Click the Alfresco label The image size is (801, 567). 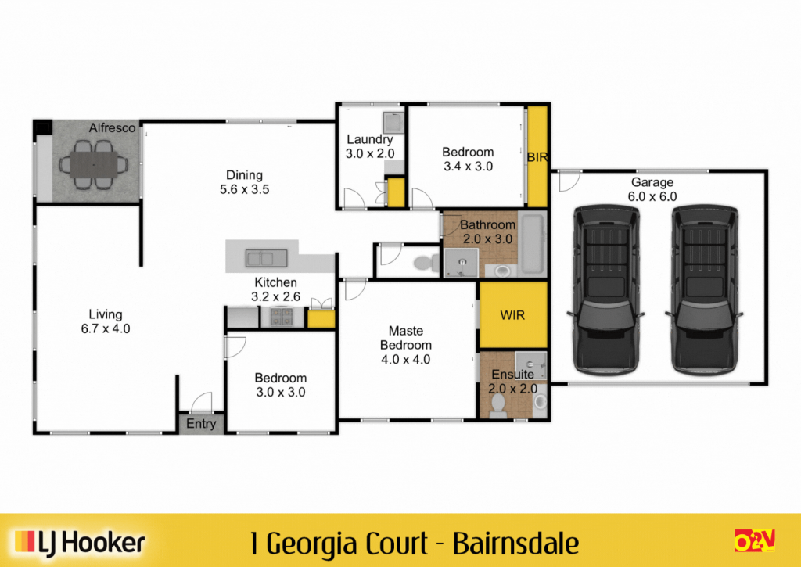click(112, 127)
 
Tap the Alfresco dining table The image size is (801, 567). click(94, 164)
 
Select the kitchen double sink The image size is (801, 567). click(266, 258)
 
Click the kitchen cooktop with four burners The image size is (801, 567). click(282, 317)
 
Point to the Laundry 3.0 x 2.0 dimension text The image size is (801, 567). click(370, 153)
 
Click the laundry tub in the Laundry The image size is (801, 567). click(393, 123)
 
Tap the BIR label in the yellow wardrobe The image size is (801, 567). click(537, 157)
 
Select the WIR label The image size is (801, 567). click(512, 315)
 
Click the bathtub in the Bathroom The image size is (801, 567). click(532, 244)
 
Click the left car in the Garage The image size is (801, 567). click(606, 289)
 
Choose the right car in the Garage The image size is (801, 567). click(705, 289)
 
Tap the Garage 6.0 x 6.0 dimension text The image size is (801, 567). click(652, 196)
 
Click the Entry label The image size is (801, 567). click(201, 424)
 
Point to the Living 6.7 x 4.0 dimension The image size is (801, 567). click(106, 328)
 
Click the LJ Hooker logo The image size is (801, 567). click(80, 543)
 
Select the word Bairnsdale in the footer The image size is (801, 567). click(516, 544)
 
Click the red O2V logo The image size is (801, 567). click(755, 540)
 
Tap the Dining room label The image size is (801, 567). click(244, 175)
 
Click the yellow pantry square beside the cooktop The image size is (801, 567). click(321, 319)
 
